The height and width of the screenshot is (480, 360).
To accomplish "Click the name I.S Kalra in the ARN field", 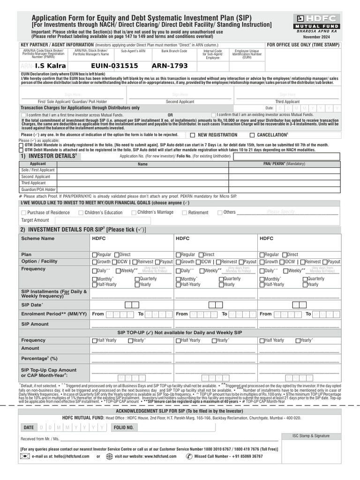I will [50, 66].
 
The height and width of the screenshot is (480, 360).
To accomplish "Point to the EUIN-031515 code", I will [115, 66].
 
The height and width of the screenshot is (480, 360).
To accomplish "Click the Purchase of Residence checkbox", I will [24, 213].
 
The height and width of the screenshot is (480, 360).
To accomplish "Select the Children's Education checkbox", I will [81, 213].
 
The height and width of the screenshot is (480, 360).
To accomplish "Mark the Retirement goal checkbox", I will [185, 213].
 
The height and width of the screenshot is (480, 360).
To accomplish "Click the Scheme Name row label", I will [38, 239].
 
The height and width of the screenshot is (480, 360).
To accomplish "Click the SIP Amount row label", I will [35, 324].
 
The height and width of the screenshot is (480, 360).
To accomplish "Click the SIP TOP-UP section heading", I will [180, 332].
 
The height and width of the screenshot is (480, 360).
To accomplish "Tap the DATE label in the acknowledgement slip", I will [29, 427].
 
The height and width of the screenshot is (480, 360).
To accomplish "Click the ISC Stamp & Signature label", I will [311, 435].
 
